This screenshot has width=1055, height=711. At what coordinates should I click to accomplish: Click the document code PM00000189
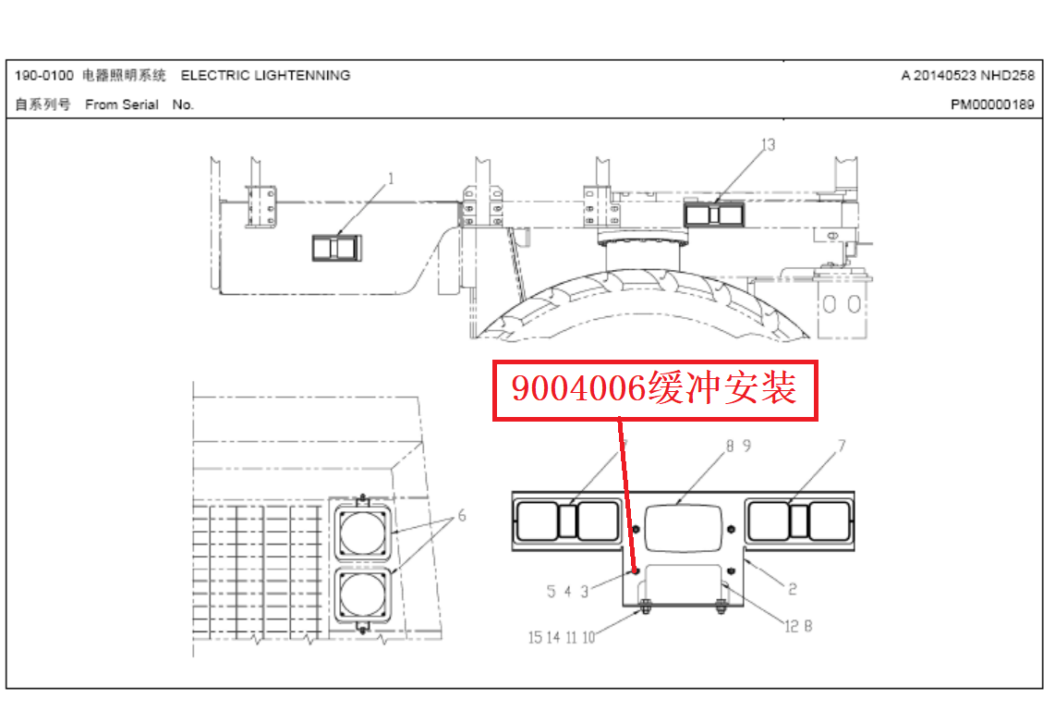(x=992, y=104)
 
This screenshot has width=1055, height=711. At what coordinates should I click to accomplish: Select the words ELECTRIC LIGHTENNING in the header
(x=265, y=76)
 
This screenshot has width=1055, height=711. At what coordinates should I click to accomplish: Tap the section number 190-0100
(x=43, y=76)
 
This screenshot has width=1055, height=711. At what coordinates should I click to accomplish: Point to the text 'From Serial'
(x=122, y=104)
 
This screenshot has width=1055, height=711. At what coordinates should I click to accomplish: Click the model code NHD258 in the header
(x=1007, y=76)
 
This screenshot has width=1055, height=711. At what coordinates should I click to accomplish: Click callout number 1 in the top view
(x=391, y=178)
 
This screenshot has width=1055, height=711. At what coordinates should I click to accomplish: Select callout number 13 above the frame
(x=768, y=145)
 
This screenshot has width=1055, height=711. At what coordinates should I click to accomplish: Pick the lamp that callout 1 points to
(x=336, y=248)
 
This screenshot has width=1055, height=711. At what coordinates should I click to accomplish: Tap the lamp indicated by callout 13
(x=714, y=215)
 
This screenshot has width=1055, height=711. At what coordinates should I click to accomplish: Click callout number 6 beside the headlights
(x=462, y=515)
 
